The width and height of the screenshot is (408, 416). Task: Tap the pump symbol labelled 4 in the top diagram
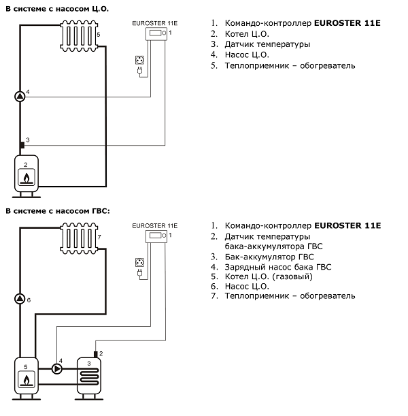click(20, 96)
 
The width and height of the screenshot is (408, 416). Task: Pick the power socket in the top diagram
click(140, 60)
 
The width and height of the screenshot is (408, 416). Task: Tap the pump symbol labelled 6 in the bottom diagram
click(20, 299)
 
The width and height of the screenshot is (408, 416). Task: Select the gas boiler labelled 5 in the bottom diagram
click(27, 375)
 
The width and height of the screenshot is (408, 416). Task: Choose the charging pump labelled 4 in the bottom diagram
click(56, 368)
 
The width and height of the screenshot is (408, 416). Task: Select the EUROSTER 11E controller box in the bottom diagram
click(157, 236)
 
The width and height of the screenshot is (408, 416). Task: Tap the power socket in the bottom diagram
click(140, 262)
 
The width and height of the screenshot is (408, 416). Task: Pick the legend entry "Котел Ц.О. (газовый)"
click(269, 277)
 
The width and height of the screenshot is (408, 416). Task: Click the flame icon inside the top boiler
click(27, 180)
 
